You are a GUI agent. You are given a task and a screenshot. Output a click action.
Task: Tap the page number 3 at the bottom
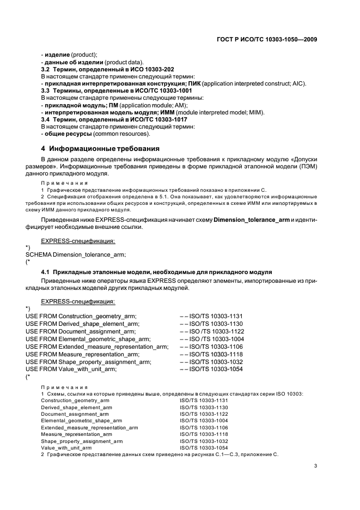pyautogui.click(x=315, y=466)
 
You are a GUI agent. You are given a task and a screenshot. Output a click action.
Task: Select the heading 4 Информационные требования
pyautogui.click(x=100, y=148)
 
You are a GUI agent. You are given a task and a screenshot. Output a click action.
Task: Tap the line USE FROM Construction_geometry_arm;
pyautogui.click(x=81, y=315)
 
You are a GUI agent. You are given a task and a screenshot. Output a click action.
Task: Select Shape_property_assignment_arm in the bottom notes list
pyautogui.click(x=82, y=441)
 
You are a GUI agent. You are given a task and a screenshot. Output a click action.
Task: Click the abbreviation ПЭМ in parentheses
pyautogui.click(x=307, y=166)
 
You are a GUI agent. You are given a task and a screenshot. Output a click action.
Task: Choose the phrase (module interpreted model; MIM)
pyautogui.click(x=218, y=112)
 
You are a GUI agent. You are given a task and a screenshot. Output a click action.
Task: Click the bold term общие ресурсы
pyautogui.click(x=68, y=133)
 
